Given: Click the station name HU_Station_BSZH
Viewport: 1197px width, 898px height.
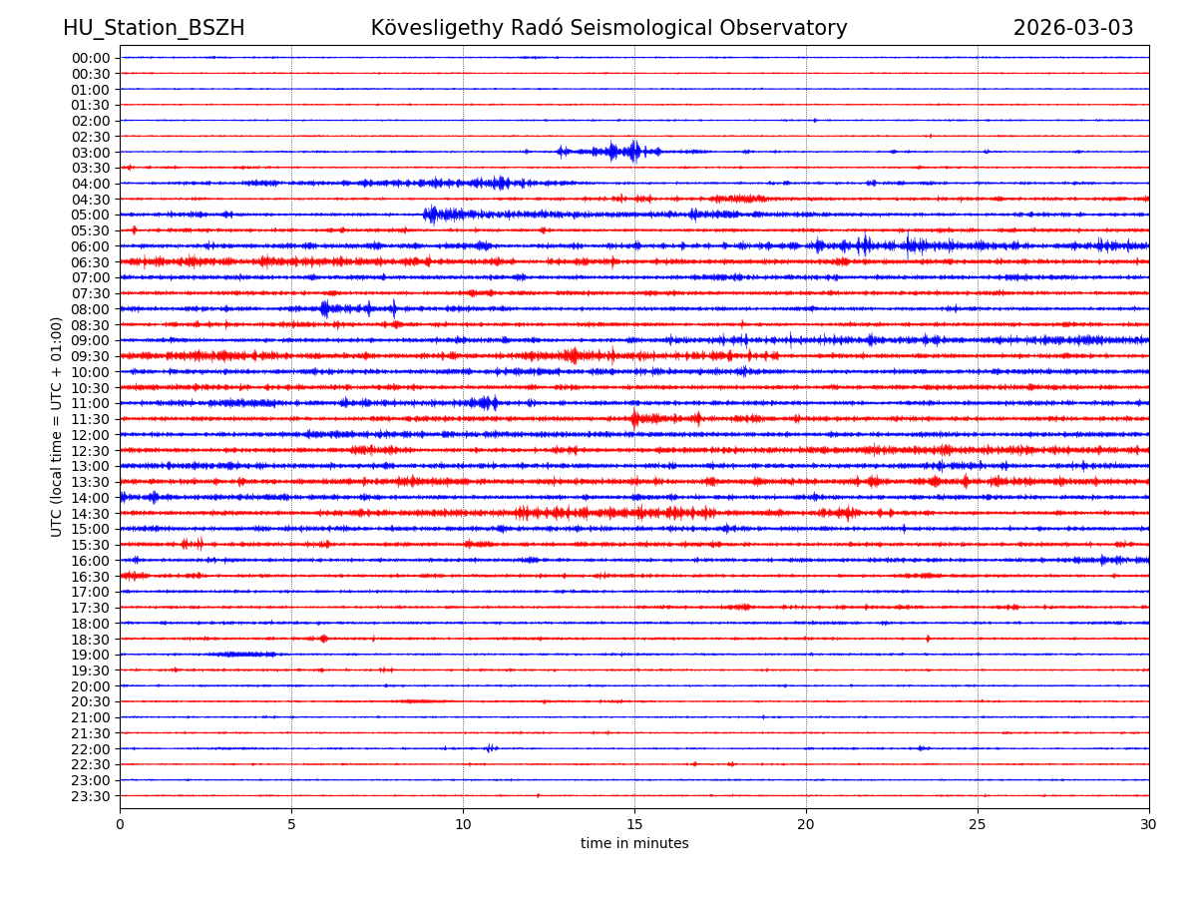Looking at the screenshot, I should [x=154, y=28].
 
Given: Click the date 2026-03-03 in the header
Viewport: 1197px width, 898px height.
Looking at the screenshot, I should [x=1073, y=28].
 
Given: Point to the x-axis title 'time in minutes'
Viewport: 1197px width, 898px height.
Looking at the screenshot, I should [x=634, y=844].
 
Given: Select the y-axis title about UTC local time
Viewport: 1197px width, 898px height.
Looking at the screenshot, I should [x=57, y=426].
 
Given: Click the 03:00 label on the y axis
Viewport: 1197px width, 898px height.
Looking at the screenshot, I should [x=90, y=153].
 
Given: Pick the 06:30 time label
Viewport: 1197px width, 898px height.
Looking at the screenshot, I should [x=90, y=262].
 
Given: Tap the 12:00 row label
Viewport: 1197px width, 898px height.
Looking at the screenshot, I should [x=90, y=435].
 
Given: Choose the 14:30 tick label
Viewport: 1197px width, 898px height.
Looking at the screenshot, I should [x=90, y=514].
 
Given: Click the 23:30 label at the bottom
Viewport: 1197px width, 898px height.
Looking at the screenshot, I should [x=90, y=796].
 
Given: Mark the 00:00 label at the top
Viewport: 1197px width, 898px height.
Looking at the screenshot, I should [x=90, y=58].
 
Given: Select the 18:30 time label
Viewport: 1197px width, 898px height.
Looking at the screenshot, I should [x=90, y=640].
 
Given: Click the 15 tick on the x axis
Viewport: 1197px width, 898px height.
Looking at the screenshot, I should [x=634, y=824].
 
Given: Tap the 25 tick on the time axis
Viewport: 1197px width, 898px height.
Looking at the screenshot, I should [x=978, y=824].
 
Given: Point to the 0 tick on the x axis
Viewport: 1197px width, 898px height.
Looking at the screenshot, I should [x=120, y=824].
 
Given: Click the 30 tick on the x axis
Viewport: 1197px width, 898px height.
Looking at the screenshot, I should [x=1149, y=824].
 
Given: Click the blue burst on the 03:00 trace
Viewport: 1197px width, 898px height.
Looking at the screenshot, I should [x=628, y=152].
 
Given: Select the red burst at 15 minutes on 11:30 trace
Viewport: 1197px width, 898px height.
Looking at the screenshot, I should [x=635, y=419].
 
